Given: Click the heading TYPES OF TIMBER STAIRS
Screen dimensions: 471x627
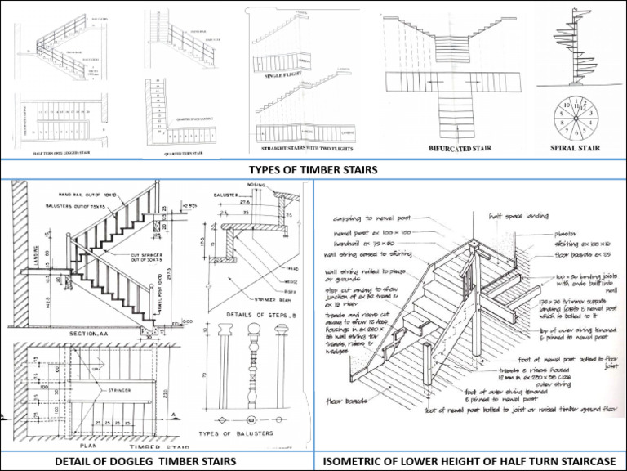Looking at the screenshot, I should pyautogui.click(x=313, y=170).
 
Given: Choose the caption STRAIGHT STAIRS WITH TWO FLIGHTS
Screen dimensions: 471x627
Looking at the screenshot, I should pyautogui.click(x=308, y=150).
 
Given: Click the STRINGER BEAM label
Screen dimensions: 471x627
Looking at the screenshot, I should pyautogui.click(x=273, y=299).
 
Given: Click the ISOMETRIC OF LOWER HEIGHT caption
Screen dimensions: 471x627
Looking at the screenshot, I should pyautogui.click(x=469, y=460).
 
